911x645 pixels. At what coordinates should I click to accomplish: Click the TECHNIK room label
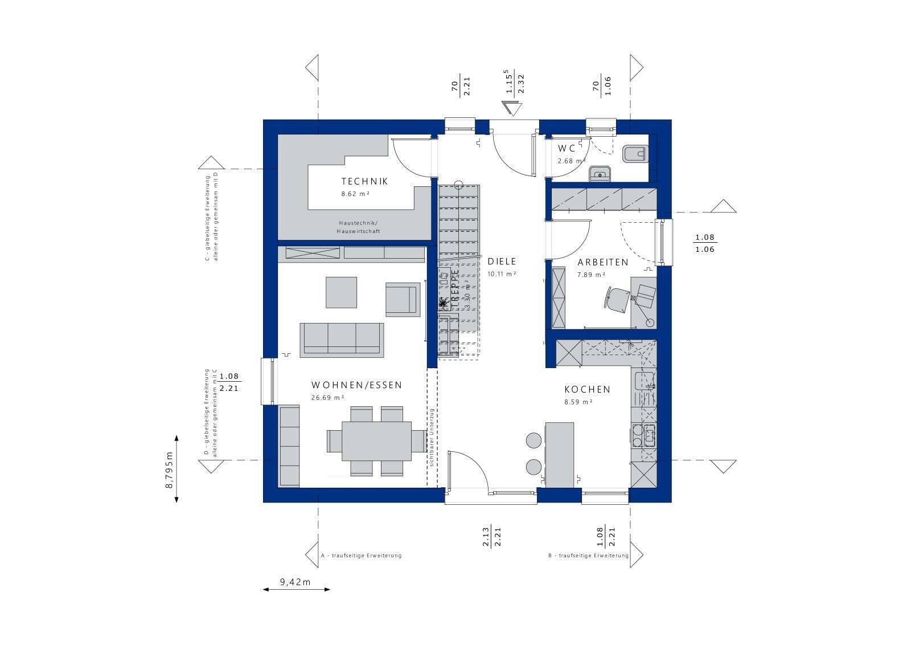(x=364, y=181)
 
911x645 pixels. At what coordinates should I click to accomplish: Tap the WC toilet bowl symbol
(x=635, y=154)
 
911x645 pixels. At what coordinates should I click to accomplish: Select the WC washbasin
(x=599, y=173)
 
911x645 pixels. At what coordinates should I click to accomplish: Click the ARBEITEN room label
(x=602, y=263)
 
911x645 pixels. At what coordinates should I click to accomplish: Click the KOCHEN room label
(x=587, y=390)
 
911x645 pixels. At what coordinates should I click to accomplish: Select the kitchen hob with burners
(x=644, y=435)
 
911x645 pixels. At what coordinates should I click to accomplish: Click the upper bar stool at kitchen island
(x=534, y=440)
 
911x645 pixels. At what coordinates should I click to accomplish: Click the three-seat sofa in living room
(x=342, y=340)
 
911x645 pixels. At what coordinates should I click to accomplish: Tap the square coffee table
(x=341, y=292)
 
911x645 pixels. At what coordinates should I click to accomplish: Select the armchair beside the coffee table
(x=402, y=299)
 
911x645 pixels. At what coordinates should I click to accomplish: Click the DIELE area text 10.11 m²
(x=501, y=274)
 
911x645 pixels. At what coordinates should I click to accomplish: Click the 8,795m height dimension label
(x=169, y=469)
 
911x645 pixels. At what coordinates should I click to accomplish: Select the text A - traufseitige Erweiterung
(x=361, y=556)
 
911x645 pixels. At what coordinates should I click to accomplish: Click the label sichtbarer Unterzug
(x=432, y=438)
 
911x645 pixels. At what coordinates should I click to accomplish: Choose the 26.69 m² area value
(x=327, y=398)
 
